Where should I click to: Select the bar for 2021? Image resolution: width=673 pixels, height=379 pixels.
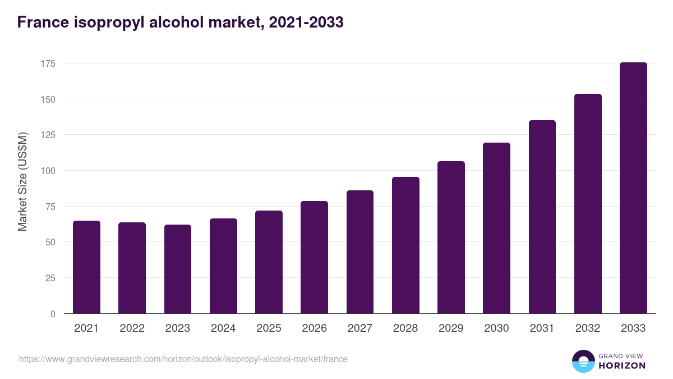[86, 267]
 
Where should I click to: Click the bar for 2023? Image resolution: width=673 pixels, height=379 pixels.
[178, 270]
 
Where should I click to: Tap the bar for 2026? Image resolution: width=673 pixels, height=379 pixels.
[314, 257]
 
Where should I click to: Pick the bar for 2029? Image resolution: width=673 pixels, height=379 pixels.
[451, 238]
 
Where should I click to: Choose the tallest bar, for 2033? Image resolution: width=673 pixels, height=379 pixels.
[633, 188]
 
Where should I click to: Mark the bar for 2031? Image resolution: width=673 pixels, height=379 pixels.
[542, 217]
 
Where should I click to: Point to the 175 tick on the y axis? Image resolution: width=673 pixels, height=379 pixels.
[48, 63]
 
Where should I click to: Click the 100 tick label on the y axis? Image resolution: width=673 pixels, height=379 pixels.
[48, 171]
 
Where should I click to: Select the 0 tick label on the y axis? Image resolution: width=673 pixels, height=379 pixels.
[53, 314]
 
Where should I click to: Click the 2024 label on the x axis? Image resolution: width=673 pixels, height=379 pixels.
[223, 328]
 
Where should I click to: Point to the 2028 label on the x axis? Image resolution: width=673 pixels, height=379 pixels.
[405, 328]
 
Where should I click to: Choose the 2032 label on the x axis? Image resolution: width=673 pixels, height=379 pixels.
[588, 328]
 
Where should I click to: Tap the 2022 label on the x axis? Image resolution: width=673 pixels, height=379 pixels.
[132, 328]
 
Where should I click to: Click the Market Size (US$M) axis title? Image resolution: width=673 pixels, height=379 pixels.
[22, 181]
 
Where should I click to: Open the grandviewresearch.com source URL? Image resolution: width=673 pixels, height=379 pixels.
[183, 359]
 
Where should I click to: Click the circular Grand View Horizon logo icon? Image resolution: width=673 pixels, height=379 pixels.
[583, 361]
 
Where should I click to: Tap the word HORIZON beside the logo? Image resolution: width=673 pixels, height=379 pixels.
[622, 366]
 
